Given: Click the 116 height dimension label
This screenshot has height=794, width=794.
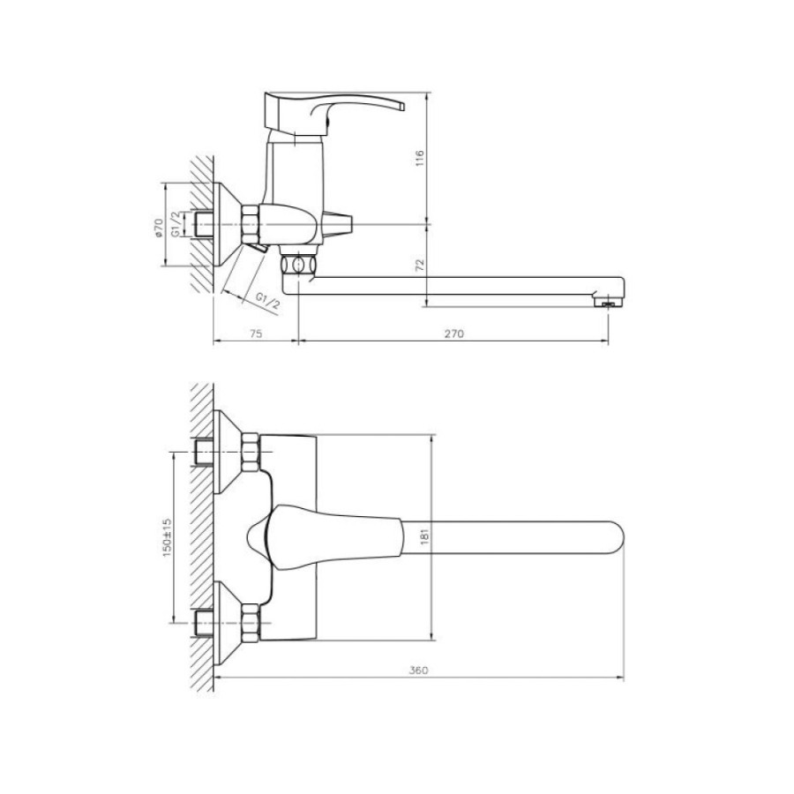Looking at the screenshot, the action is (x=419, y=159).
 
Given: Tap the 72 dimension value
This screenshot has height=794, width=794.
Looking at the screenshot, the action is (x=420, y=266).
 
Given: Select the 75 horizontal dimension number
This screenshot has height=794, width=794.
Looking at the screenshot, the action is (x=256, y=333).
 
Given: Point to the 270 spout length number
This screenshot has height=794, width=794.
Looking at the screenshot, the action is (x=453, y=333).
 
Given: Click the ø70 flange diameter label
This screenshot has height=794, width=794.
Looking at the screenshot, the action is (x=158, y=228).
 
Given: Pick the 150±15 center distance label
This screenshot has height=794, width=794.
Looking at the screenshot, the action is (x=167, y=538).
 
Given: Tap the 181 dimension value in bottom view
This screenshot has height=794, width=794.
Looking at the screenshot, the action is (x=424, y=536).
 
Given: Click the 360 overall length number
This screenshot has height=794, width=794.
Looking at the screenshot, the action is (x=418, y=670).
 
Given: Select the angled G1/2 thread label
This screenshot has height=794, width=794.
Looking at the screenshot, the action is (x=266, y=301).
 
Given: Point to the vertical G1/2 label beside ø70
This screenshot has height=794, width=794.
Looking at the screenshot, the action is (x=176, y=224).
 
